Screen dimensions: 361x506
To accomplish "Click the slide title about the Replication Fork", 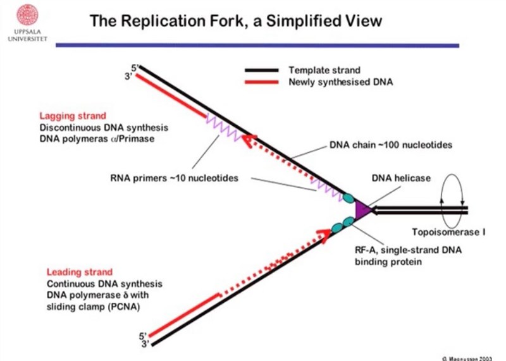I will [236, 21].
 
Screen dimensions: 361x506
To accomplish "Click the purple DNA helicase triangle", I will [362, 209].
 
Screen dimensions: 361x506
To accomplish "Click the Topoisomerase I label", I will [448, 231].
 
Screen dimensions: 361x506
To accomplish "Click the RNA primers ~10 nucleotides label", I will [175, 178].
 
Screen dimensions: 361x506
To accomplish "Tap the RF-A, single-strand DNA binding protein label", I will [408, 255].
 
